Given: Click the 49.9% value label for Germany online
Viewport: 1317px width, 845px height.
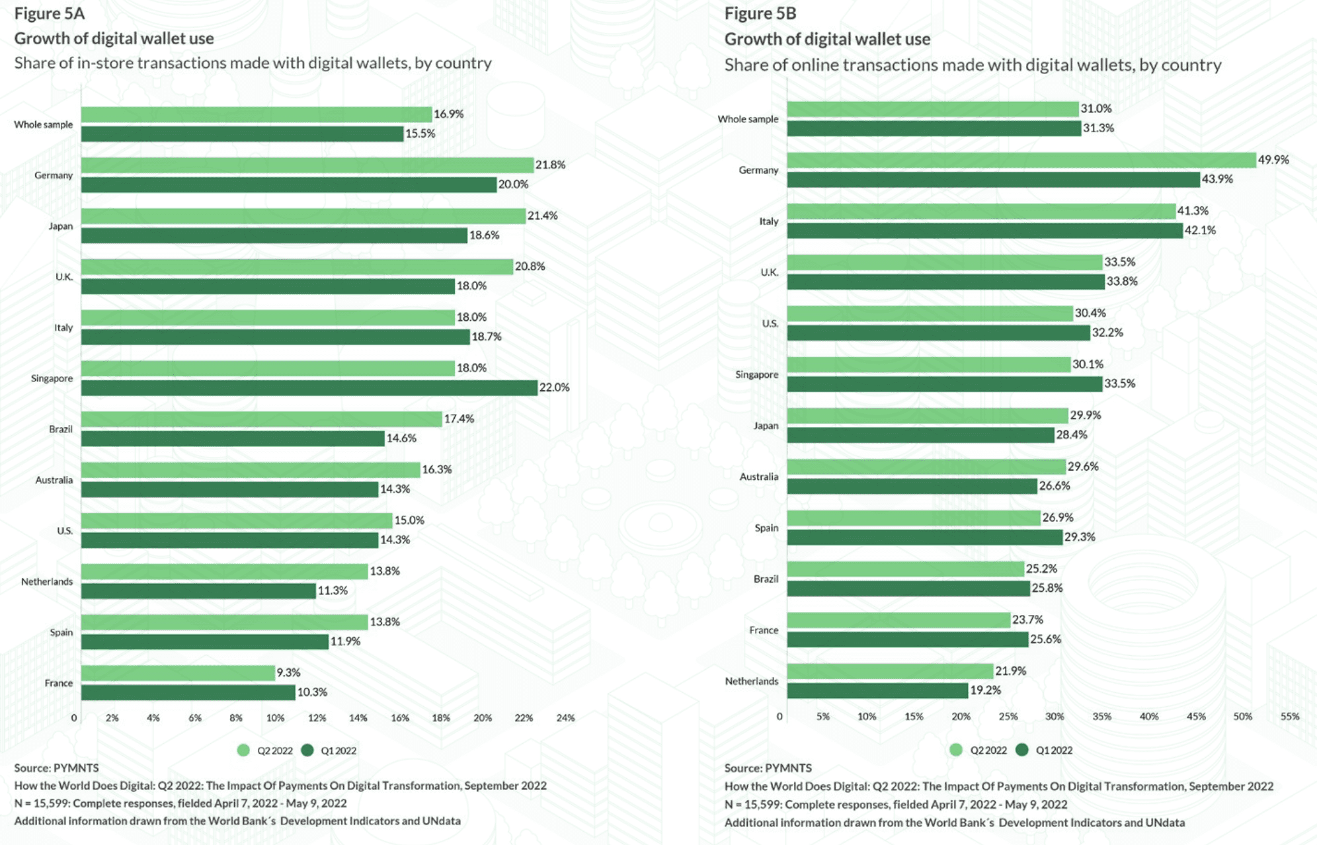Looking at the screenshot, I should coord(1273,160).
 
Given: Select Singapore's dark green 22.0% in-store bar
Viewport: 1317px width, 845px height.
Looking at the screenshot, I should coord(309,387).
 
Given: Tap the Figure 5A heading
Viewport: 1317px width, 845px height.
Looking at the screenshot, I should coord(50,13).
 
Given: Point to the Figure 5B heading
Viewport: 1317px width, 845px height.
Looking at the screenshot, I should coord(760,13).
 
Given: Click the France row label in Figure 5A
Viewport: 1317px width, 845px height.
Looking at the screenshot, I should coord(59,683).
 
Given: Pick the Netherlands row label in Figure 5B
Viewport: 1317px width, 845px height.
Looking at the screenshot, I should coord(751,681).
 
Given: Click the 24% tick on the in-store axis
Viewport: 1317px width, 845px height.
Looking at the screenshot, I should coord(565,717).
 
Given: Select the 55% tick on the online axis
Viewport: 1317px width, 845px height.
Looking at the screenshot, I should coord(1289,716).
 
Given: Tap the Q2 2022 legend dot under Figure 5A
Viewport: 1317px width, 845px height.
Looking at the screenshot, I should coord(243,750).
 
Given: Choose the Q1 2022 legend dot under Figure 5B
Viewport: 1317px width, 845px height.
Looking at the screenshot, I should coord(1022,750).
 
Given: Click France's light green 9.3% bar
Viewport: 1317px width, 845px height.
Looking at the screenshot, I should coord(178,673).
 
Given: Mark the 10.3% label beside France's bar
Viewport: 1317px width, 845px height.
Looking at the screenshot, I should coord(312,692).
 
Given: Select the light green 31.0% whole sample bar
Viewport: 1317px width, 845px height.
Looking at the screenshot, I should coord(932,109).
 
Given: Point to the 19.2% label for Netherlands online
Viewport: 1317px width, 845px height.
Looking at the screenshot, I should coord(985,690).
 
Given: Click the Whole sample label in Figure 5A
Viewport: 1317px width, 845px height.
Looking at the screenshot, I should coord(44,124).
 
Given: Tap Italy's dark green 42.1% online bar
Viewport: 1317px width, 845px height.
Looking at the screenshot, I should coord(984,231).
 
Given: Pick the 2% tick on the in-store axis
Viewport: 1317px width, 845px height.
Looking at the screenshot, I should coord(112,717).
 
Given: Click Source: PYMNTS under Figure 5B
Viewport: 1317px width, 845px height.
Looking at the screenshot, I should coord(768,768).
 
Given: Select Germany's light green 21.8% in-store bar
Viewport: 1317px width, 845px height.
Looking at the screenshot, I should coord(307,165).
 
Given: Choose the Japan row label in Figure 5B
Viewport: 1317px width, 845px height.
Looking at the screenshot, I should coord(766,426).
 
